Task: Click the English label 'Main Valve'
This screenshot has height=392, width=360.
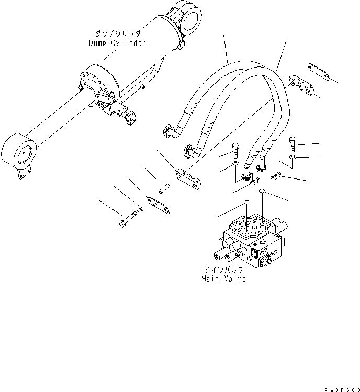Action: pos(223,279)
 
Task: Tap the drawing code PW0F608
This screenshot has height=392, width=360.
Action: pos(340,388)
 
